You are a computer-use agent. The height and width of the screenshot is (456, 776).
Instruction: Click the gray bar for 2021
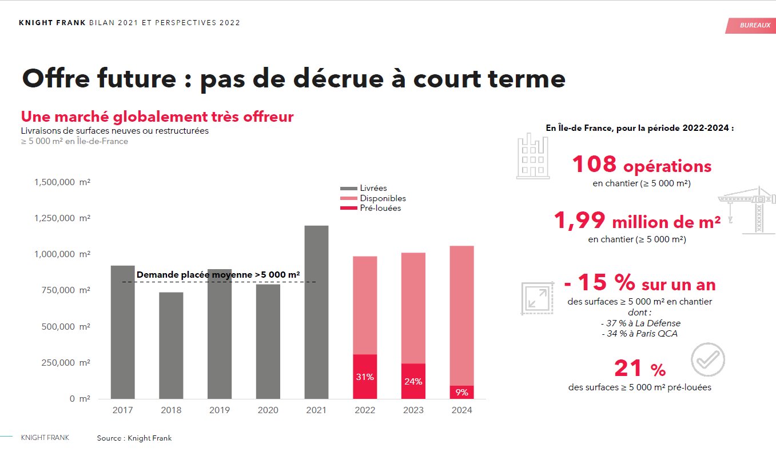[316, 312]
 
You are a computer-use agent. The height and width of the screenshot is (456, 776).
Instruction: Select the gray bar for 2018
[171, 345]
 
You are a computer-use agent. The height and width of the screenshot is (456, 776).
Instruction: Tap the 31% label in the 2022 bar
[365, 377]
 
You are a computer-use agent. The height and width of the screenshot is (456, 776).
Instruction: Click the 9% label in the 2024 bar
[461, 393]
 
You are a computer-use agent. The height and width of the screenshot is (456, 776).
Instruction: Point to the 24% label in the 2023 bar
[413, 382]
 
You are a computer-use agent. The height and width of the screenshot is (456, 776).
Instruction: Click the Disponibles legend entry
[383, 198]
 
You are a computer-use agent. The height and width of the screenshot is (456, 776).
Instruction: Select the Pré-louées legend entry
[380, 208]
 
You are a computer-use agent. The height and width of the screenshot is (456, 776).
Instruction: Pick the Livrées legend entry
[373, 188]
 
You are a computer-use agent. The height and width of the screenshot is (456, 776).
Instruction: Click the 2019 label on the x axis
[220, 410]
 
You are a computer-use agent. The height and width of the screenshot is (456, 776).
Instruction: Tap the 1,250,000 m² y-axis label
[62, 218]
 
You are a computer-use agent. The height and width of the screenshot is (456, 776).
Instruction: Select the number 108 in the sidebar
[594, 165]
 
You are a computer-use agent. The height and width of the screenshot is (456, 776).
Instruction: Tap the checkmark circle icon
[707, 359]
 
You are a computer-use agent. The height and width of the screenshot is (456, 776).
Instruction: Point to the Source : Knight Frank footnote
[134, 438]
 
